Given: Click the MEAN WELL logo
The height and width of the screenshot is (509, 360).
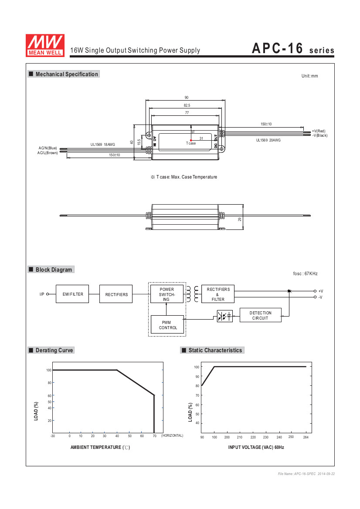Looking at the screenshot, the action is tap(45, 45).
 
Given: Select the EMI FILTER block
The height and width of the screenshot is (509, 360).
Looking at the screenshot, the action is tap(72, 294).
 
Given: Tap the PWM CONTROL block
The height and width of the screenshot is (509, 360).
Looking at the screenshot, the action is tap(168, 325).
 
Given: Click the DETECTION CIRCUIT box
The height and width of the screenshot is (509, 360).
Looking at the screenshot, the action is tap(261, 315).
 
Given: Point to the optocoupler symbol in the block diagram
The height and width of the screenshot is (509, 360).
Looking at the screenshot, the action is tap(225, 316).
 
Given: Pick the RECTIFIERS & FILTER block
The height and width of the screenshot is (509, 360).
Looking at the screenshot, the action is tap(218, 294).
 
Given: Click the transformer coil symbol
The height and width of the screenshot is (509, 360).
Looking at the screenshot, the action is tap(192, 294).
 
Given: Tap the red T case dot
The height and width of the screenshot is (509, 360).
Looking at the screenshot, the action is tap(191, 140).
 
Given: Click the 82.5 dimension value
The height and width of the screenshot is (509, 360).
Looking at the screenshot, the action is tap(187, 105).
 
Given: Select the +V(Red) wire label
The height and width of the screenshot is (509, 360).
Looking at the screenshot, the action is tap(319, 131).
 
